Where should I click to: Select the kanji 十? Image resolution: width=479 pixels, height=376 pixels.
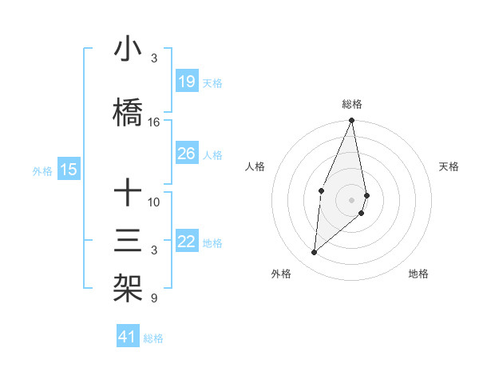pos(129,193)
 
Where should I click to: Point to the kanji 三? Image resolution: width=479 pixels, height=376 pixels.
pos(129,240)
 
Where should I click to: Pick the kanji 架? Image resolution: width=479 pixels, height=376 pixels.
pos(129,287)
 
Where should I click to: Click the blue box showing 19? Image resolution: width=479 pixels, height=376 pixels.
pos(186,82)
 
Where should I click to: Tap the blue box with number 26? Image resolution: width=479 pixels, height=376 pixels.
pos(186,154)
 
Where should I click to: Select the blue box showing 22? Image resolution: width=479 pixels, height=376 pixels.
pos(186,242)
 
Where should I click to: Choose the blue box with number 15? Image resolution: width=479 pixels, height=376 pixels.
pos(69,169)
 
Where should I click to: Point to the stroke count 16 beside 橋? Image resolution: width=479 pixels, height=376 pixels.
pos(154,122)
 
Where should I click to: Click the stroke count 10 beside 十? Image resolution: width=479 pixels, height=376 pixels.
pos(154,202)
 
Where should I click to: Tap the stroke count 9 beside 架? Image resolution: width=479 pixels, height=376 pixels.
pos(154,298)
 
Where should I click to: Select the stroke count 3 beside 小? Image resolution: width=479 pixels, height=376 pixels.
pos(154,58)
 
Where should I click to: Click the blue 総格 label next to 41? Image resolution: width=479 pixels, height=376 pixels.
pos(153,338)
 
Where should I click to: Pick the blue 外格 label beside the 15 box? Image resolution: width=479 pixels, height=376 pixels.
pos(42,170)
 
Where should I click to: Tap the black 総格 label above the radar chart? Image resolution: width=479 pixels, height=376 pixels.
pos(352,104)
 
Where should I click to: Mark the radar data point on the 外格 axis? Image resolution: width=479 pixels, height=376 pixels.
pos(315,252)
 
